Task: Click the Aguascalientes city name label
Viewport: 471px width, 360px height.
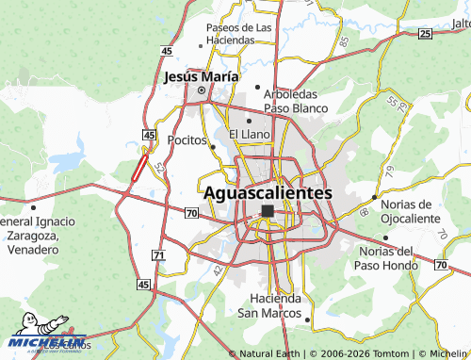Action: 268,192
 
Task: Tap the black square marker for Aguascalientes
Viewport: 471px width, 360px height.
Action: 268,211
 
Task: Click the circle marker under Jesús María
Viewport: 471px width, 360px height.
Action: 201,90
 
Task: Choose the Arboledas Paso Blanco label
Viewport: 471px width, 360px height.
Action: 296,102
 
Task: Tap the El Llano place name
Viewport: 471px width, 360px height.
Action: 250,135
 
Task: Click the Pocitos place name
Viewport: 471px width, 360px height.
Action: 186,139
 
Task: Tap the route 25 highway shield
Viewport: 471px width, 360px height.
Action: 425,34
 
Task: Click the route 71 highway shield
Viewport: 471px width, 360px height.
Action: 157,255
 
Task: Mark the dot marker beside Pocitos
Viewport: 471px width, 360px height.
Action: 214,146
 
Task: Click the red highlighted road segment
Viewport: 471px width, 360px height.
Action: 139,168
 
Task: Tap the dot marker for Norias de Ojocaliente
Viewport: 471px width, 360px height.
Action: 375,197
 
